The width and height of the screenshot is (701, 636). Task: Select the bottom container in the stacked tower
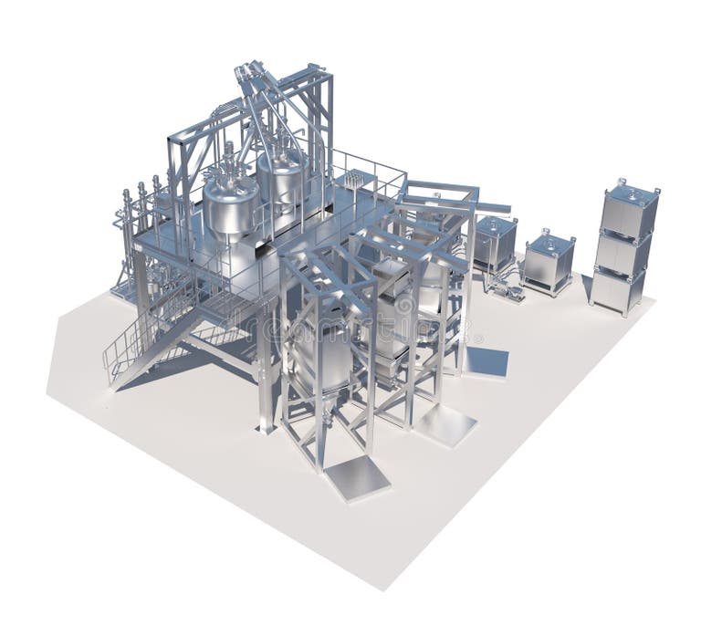(618, 288)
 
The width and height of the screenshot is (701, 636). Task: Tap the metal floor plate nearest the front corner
(357, 476)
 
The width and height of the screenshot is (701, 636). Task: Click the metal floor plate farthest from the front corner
(485, 361)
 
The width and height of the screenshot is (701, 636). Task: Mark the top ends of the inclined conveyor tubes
(251, 71)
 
